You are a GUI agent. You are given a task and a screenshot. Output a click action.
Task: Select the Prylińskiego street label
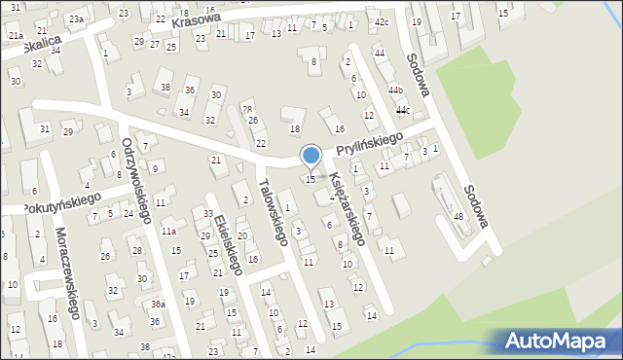(x=370, y=145)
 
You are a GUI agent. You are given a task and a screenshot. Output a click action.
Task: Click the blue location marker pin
(x=311, y=156)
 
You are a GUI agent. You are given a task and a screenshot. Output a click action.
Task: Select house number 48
(x=458, y=216)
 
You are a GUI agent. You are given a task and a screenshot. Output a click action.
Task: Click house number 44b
(x=395, y=90)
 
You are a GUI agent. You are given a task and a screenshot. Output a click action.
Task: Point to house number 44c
(x=402, y=110)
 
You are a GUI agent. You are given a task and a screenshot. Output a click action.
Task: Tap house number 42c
(x=382, y=21)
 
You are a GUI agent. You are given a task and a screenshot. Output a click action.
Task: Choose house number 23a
(x=76, y=19)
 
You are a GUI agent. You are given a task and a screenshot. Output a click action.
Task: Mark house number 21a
(x=16, y=35)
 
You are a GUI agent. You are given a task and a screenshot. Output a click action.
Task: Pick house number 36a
(x=157, y=305)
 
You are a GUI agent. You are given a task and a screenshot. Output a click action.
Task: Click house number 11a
(x=168, y=231)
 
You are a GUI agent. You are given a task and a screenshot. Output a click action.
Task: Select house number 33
(x=207, y=213)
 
